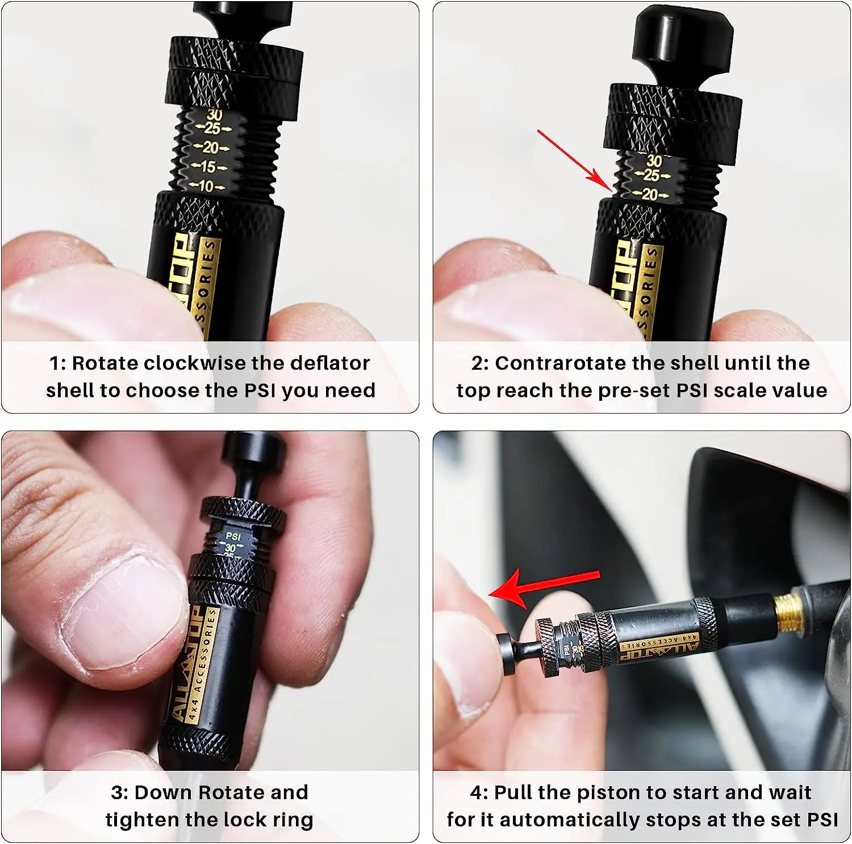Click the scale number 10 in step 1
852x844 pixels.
tap(206, 186)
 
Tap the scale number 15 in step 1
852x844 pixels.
tap(208, 167)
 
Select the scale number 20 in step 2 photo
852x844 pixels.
tap(650, 194)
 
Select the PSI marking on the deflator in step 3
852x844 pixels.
tap(233, 536)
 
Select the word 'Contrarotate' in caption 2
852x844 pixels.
tap(560, 363)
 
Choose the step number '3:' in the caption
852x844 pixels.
tap(119, 793)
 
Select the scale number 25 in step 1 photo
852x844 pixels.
tap(212, 128)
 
